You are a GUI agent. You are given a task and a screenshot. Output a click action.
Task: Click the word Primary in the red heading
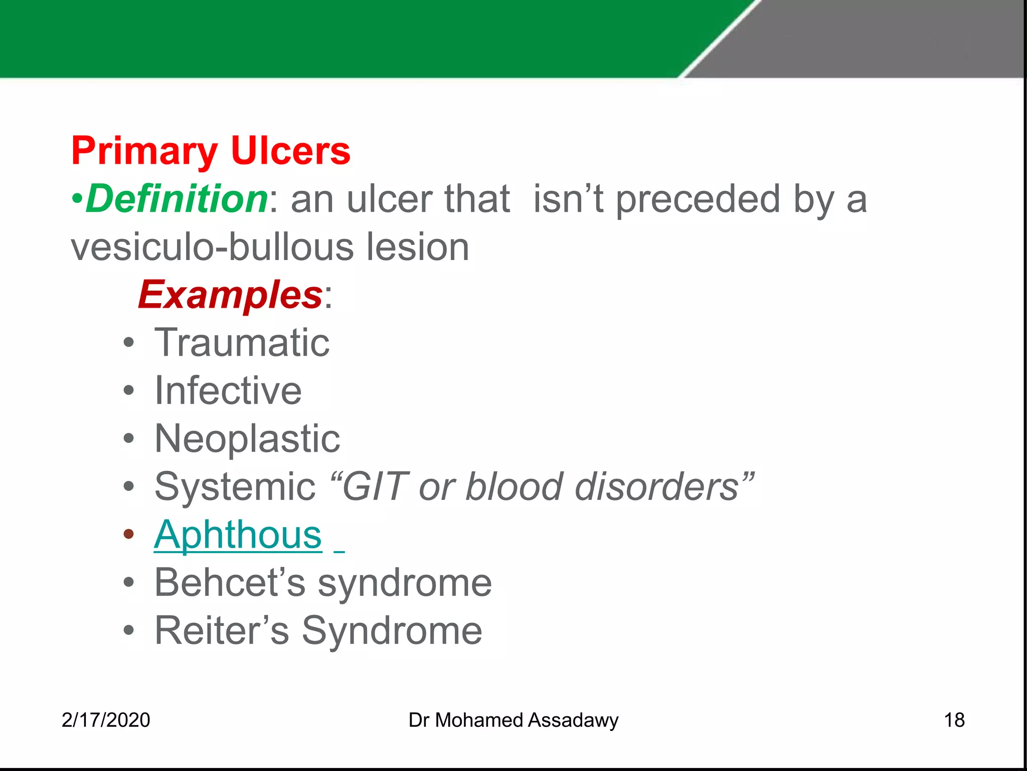144,151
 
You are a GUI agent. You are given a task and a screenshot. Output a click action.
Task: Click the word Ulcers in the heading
290,151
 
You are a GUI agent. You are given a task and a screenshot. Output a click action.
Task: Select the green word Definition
177,199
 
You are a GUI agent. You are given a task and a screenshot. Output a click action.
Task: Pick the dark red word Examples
230,295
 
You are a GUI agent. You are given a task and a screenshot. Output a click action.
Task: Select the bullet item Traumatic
242,343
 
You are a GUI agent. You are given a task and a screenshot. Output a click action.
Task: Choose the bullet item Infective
228,391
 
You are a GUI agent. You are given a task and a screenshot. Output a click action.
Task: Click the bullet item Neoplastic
247,439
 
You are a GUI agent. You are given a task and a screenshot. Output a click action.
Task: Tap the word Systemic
235,487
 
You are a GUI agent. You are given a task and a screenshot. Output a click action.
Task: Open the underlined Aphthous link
238,535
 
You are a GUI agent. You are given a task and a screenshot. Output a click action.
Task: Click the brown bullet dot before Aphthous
129,534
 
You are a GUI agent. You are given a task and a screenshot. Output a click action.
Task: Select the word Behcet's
230,583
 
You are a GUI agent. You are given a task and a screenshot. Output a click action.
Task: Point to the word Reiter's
221,631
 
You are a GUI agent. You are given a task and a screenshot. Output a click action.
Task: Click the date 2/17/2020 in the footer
106,720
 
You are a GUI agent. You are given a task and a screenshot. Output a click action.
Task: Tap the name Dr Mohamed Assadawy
513,720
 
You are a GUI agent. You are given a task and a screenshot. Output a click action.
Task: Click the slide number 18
954,720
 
